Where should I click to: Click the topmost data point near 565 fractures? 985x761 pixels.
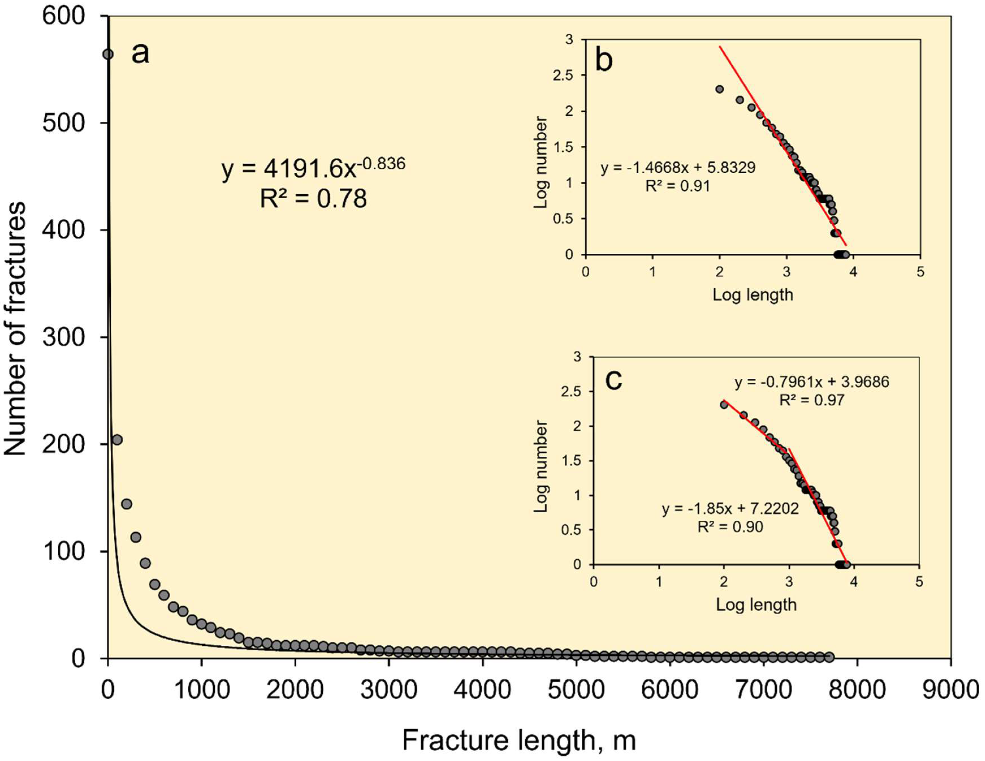click(108, 54)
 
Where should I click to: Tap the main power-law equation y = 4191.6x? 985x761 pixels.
click(313, 168)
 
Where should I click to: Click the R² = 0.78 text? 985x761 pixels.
click(313, 199)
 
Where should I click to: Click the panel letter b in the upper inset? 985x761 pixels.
click(604, 61)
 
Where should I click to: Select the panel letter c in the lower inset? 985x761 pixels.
click(613, 380)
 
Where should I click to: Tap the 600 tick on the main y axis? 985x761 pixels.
click(64, 16)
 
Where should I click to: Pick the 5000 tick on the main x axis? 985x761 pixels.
click(576, 691)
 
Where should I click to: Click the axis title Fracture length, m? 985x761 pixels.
click(519, 741)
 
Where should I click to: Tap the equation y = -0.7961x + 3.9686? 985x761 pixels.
click(812, 382)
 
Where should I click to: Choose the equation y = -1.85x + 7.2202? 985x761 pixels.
click(730, 509)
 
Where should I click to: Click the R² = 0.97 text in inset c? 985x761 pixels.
click(812, 400)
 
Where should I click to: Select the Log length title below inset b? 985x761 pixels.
click(752, 295)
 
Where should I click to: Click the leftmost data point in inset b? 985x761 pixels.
click(719, 89)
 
